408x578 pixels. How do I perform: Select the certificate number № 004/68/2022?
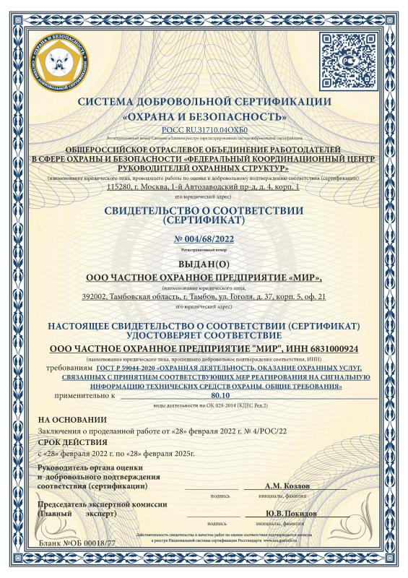click(x=204, y=238)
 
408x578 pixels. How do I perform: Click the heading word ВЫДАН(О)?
click(x=204, y=263)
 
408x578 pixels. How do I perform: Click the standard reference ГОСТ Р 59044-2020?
click(x=121, y=369)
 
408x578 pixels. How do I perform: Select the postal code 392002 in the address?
click(x=95, y=296)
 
